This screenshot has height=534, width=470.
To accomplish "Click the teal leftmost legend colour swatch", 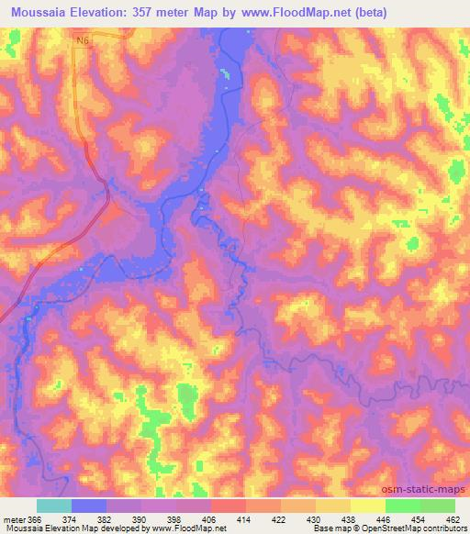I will pyautogui.click(x=54, y=506).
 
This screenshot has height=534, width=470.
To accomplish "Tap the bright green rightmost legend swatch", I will pyautogui.click(x=438, y=506).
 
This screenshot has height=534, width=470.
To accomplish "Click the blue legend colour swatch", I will pyautogui.click(x=89, y=506).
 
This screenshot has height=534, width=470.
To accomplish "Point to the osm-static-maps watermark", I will pyautogui.click(x=429, y=489).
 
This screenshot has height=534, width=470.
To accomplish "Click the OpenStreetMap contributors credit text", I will pyautogui.click(x=402, y=529).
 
